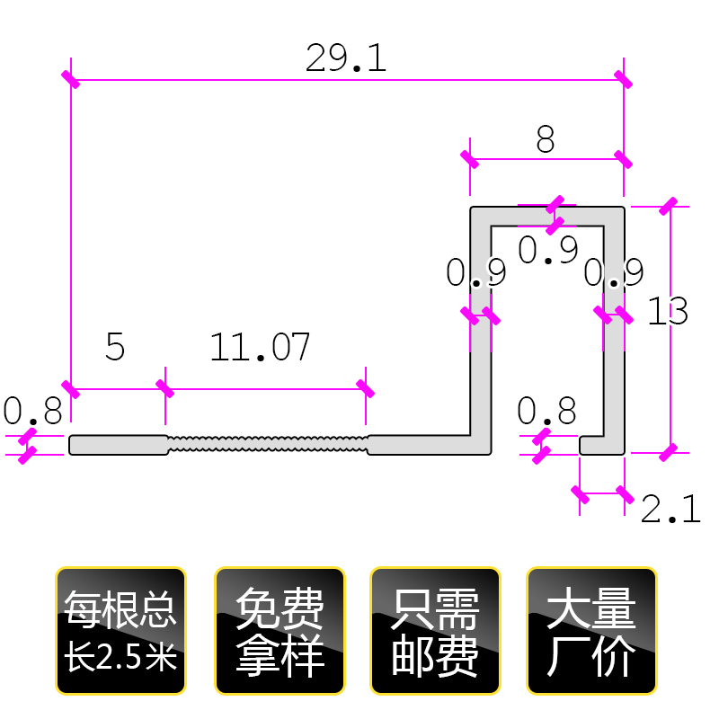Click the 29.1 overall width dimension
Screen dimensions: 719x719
(346, 58)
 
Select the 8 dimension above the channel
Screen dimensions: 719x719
(546, 140)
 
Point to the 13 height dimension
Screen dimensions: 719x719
(668, 312)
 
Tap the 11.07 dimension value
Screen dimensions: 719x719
(261, 347)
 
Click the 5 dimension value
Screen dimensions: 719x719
(115, 347)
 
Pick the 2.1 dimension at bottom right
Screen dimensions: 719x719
(670, 510)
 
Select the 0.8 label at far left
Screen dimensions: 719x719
(32, 412)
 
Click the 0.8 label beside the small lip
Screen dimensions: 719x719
(546, 412)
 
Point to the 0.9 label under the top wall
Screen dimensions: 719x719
(548, 251)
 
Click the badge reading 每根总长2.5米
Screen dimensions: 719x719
(120, 631)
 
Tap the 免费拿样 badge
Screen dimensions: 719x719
(280, 631)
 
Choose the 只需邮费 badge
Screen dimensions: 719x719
(436, 631)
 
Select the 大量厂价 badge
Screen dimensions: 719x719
(591, 631)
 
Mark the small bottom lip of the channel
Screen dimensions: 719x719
(593, 445)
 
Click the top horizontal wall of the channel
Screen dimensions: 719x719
(547, 217)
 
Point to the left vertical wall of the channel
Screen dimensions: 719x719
(481, 342)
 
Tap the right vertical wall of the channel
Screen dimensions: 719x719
(615, 342)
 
